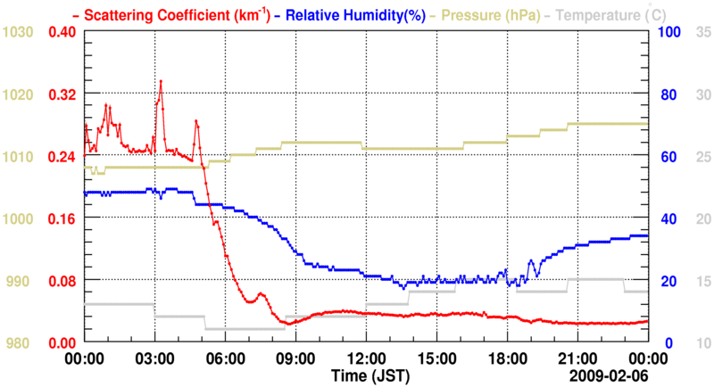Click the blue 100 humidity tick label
point(668,32)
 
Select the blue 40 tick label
point(665,218)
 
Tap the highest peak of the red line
point(161,81)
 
